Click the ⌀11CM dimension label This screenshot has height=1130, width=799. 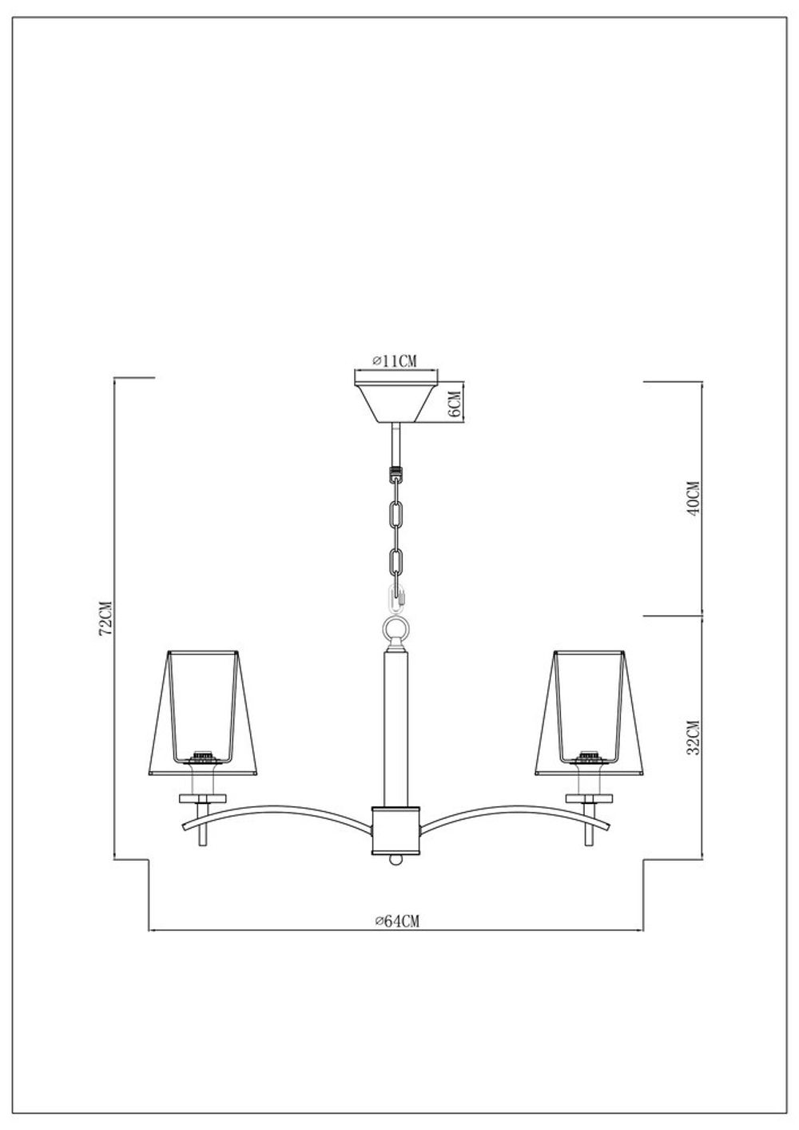(395, 361)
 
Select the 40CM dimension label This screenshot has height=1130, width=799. (692, 499)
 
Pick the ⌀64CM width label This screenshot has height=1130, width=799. (396, 921)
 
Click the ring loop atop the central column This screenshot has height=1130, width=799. (396, 629)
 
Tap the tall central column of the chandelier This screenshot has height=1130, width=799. (396, 727)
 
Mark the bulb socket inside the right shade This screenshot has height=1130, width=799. (590, 755)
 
